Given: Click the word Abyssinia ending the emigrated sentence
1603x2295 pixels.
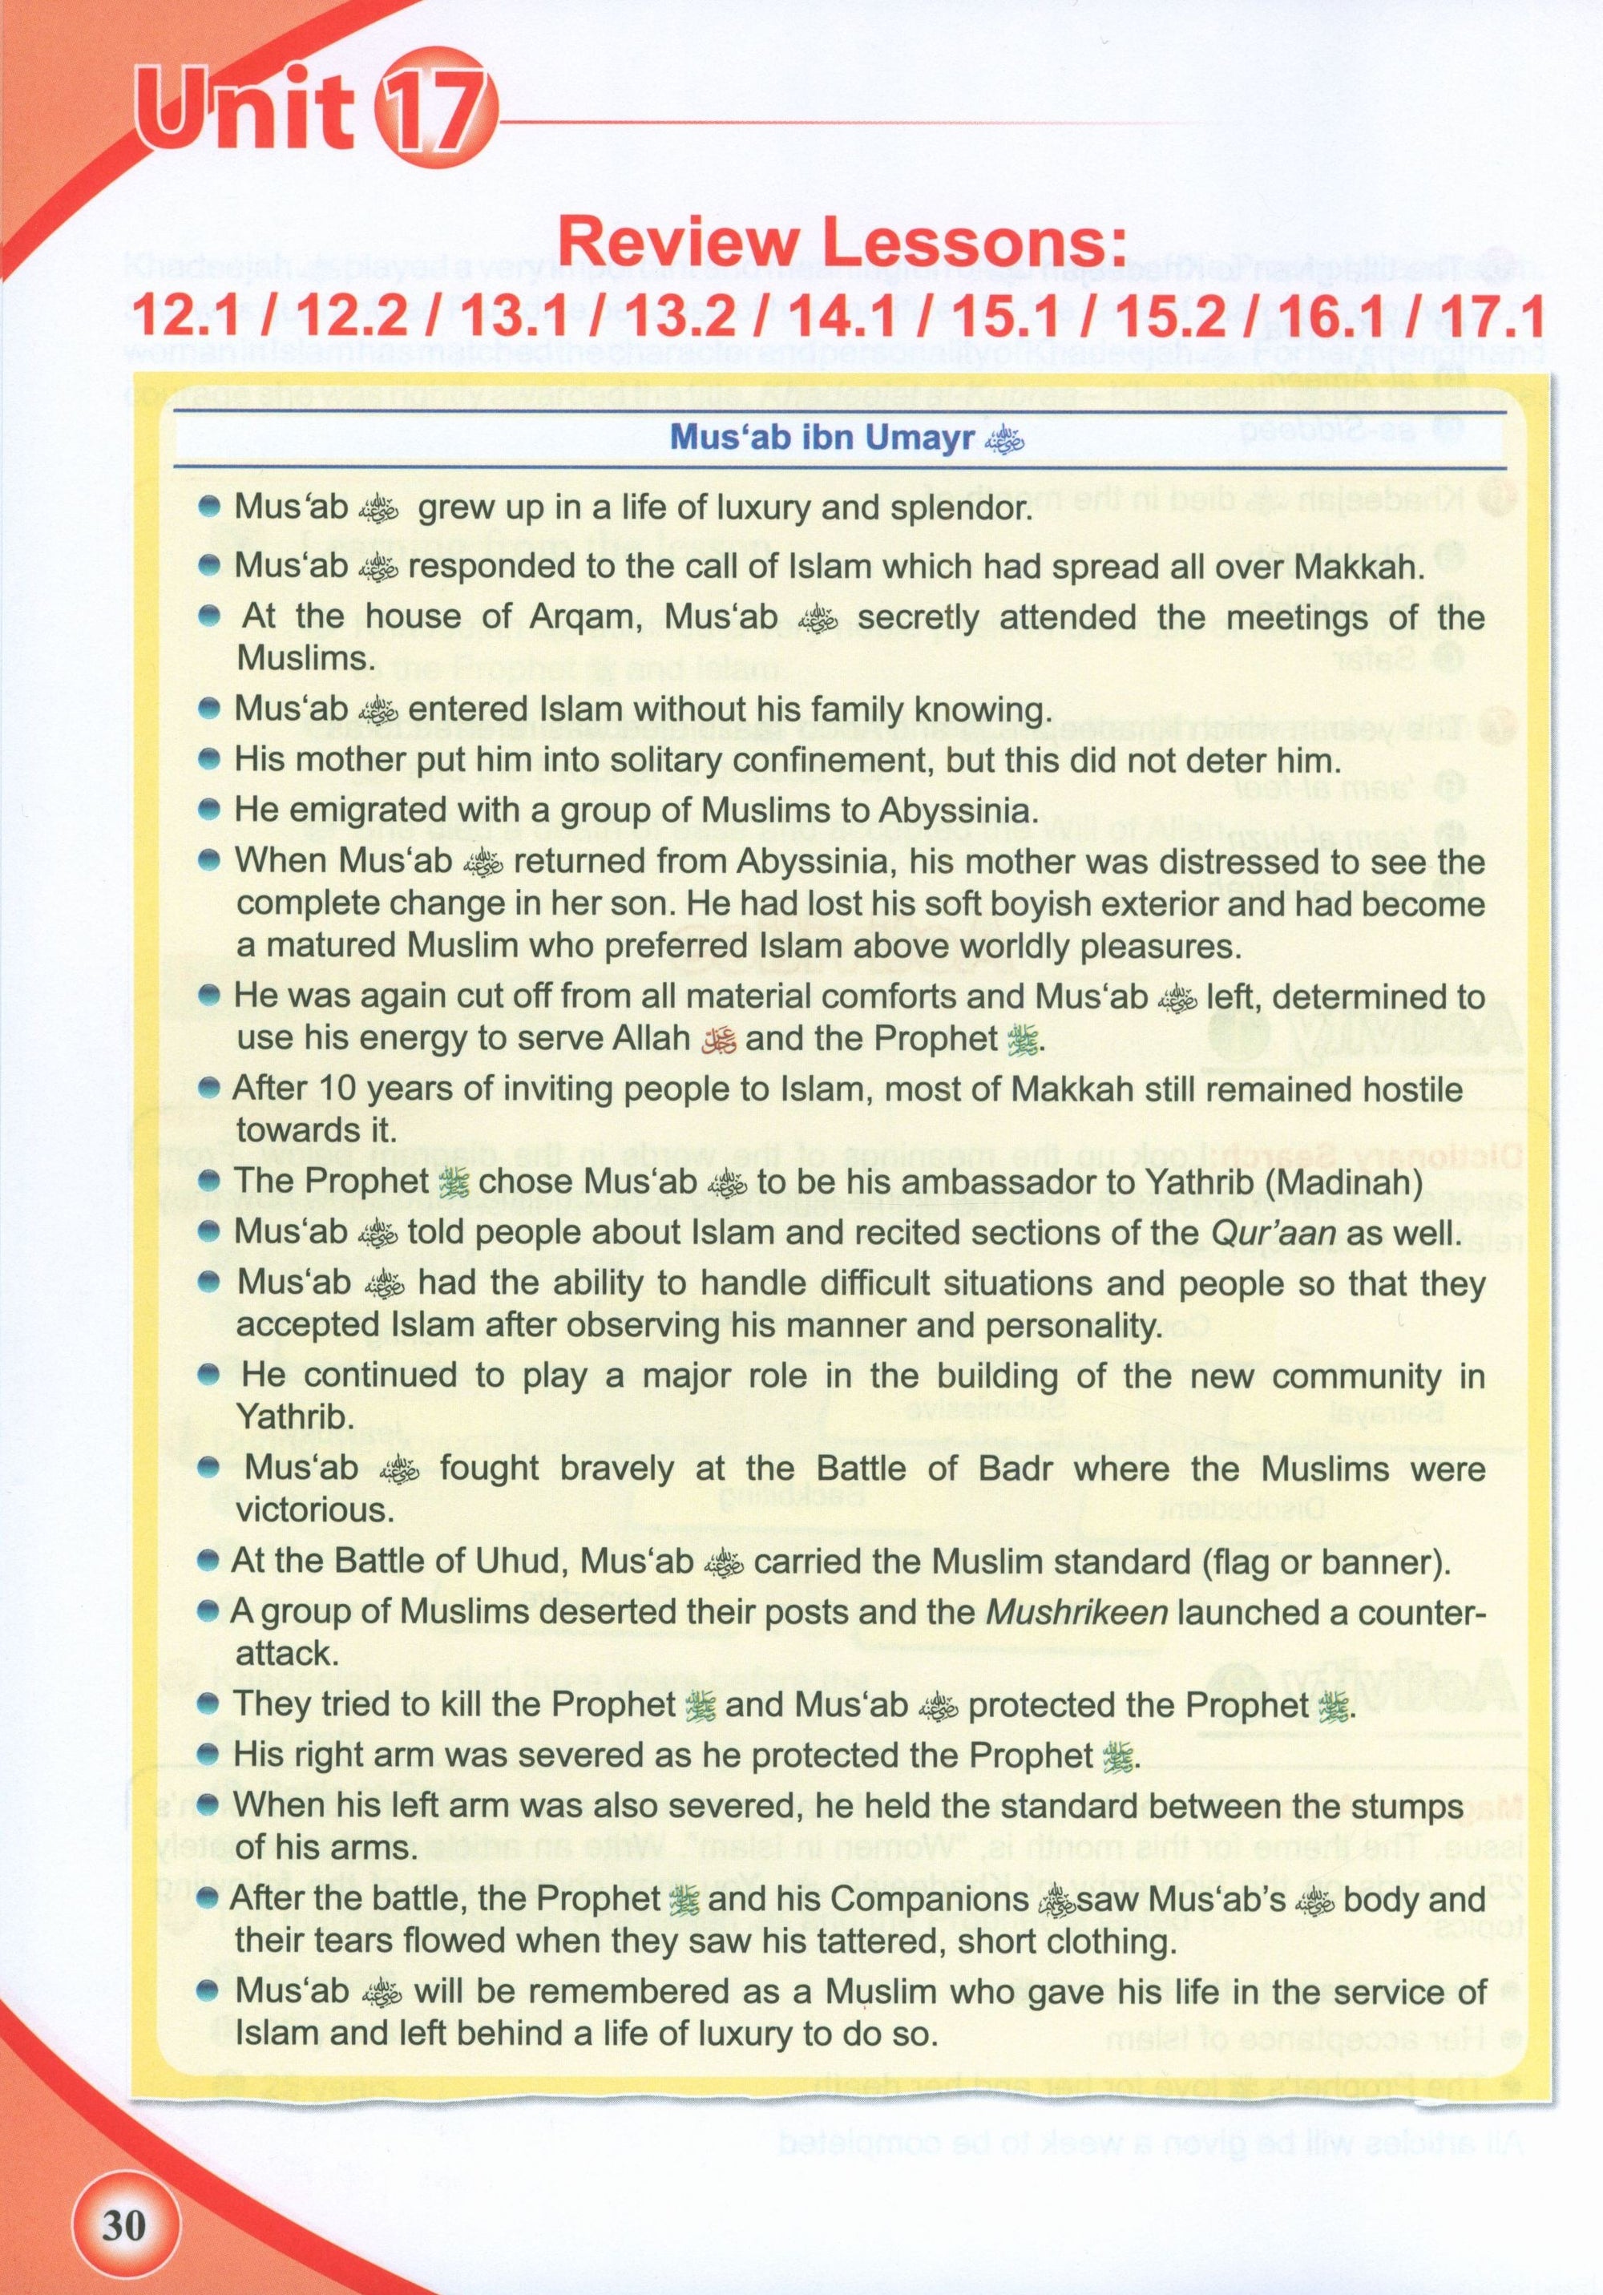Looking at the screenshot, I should click(938, 810).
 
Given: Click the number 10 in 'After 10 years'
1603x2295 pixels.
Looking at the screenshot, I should click(333, 1089).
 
